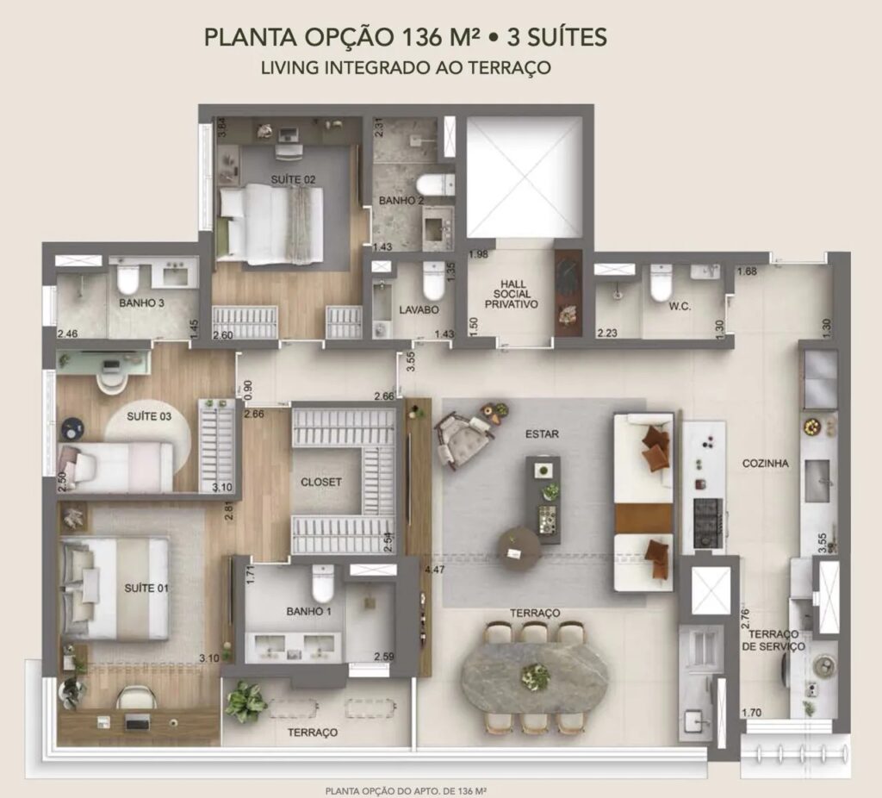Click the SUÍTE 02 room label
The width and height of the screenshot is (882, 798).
[x=293, y=180]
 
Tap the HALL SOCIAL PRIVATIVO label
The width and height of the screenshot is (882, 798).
[x=512, y=294]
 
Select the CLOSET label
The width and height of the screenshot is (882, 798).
[x=321, y=483]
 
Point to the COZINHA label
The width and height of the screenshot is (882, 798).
[x=765, y=464]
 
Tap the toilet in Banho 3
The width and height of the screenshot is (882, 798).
[x=127, y=276]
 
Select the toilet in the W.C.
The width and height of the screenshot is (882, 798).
[x=661, y=282]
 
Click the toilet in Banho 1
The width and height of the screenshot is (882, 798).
[x=324, y=583]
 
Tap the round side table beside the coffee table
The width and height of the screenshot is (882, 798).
[x=519, y=549]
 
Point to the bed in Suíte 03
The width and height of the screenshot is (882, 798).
[x=116, y=467]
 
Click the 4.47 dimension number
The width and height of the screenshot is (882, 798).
[x=435, y=570]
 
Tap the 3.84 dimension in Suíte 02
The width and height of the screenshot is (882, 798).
[x=221, y=127]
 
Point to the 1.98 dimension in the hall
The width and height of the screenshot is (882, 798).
[x=479, y=254]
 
